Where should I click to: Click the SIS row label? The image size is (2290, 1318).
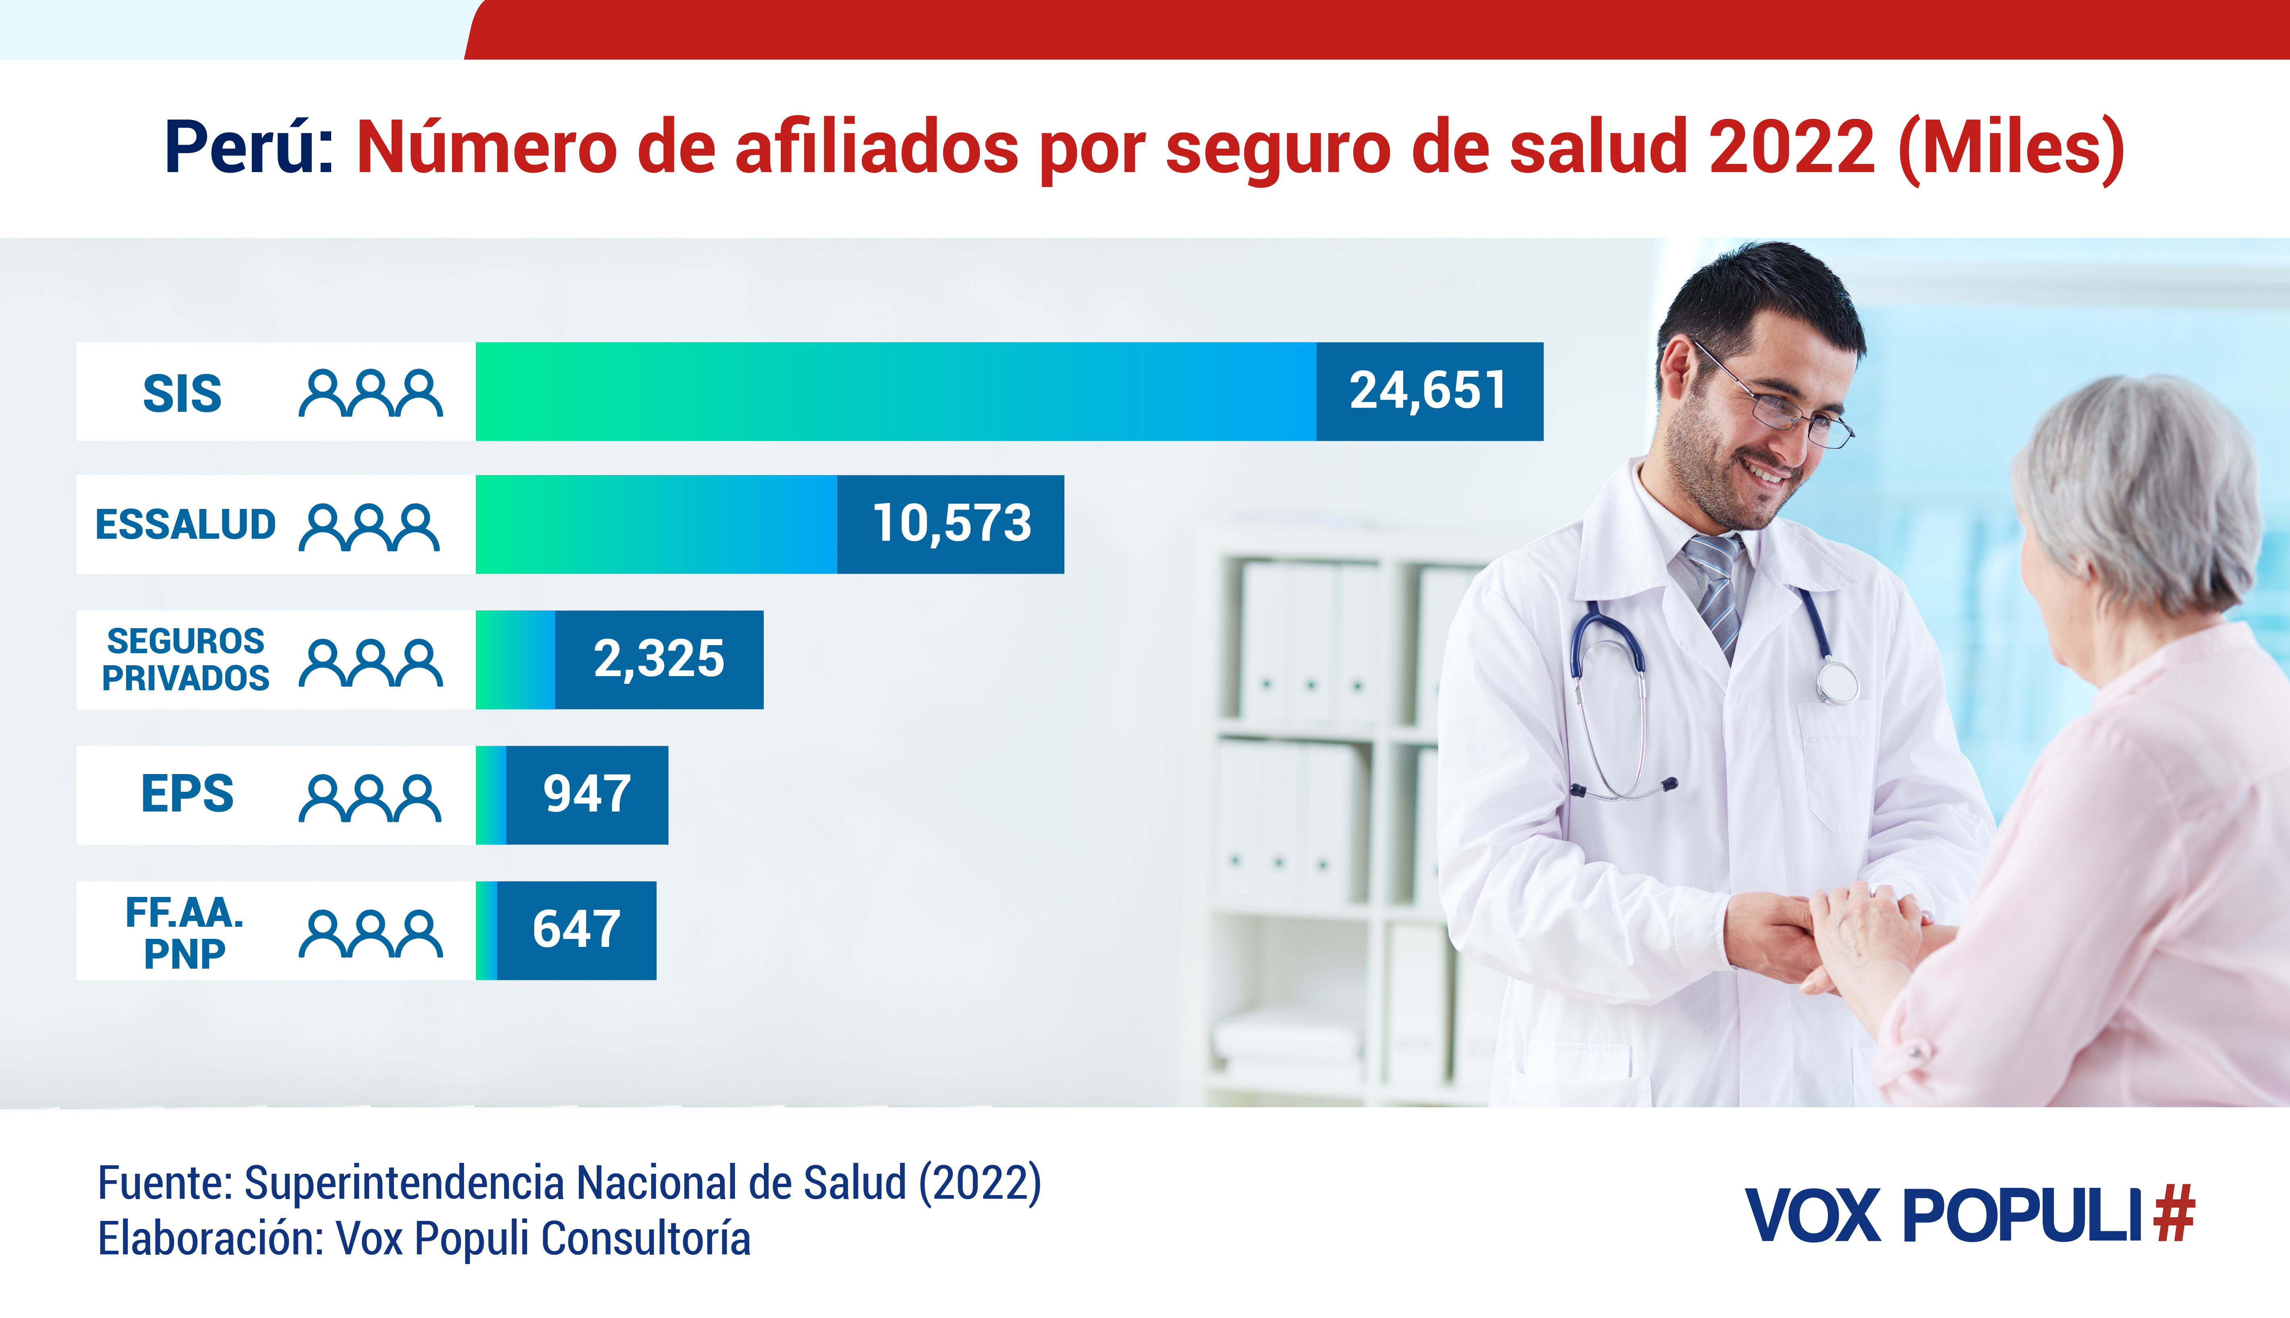pyautogui.click(x=182, y=393)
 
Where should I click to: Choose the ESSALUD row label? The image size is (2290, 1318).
pyautogui.click(x=186, y=524)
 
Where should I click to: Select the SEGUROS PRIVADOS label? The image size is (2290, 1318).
pyautogui.click(x=186, y=659)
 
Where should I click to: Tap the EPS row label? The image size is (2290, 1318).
pyautogui.click(x=187, y=794)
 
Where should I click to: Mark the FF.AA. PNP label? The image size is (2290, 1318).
pyautogui.click(x=185, y=932)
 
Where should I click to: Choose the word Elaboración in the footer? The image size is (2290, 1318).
pyautogui.click(x=210, y=1238)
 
